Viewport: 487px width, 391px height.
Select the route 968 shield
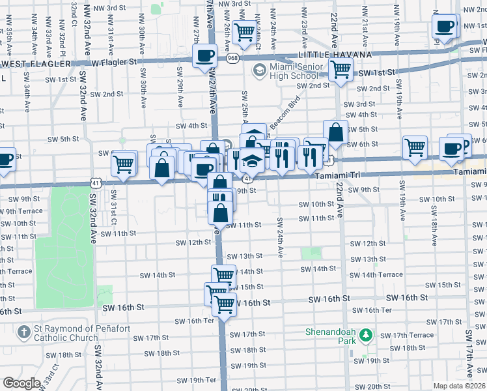click(x=232, y=59)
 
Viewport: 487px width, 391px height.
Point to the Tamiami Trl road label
click(x=339, y=176)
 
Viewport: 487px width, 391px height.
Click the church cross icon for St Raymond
click(x=23, y=332)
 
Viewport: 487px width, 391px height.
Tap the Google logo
click(x=21, y=383)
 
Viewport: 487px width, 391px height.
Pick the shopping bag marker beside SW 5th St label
click(x=335, y=132)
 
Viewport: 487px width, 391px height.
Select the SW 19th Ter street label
click(x=201, y=380)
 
